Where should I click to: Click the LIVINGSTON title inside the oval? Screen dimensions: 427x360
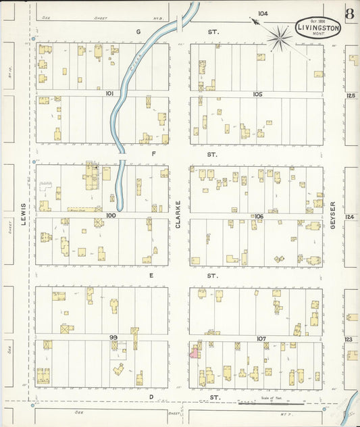pos(318,28)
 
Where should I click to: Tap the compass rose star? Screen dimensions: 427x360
pos(279,38)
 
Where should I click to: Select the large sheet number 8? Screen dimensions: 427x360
pos(349,14)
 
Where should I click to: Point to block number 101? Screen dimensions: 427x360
pos(109,94)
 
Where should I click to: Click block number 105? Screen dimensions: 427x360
pos(257,94)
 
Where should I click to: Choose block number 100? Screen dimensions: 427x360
pos(111,215)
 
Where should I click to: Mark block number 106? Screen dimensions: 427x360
pos(258,216)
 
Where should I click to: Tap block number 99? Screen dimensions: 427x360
pos(113,336)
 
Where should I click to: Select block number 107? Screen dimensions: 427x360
pos(261,338)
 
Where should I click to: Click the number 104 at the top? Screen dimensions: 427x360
pos(262,14)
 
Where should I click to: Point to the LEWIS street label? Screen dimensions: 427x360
pos(23,215)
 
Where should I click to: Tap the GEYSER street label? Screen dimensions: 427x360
pos(333,215)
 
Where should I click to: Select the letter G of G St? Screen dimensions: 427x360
pos(138,32)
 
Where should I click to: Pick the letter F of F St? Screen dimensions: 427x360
pos(153,154)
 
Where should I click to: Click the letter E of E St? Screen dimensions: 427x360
pos(152,276)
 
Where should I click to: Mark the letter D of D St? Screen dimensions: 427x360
pos(152,397)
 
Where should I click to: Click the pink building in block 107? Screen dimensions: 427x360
pos(194,351)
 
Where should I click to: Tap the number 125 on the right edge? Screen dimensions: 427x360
pos(350,96)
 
